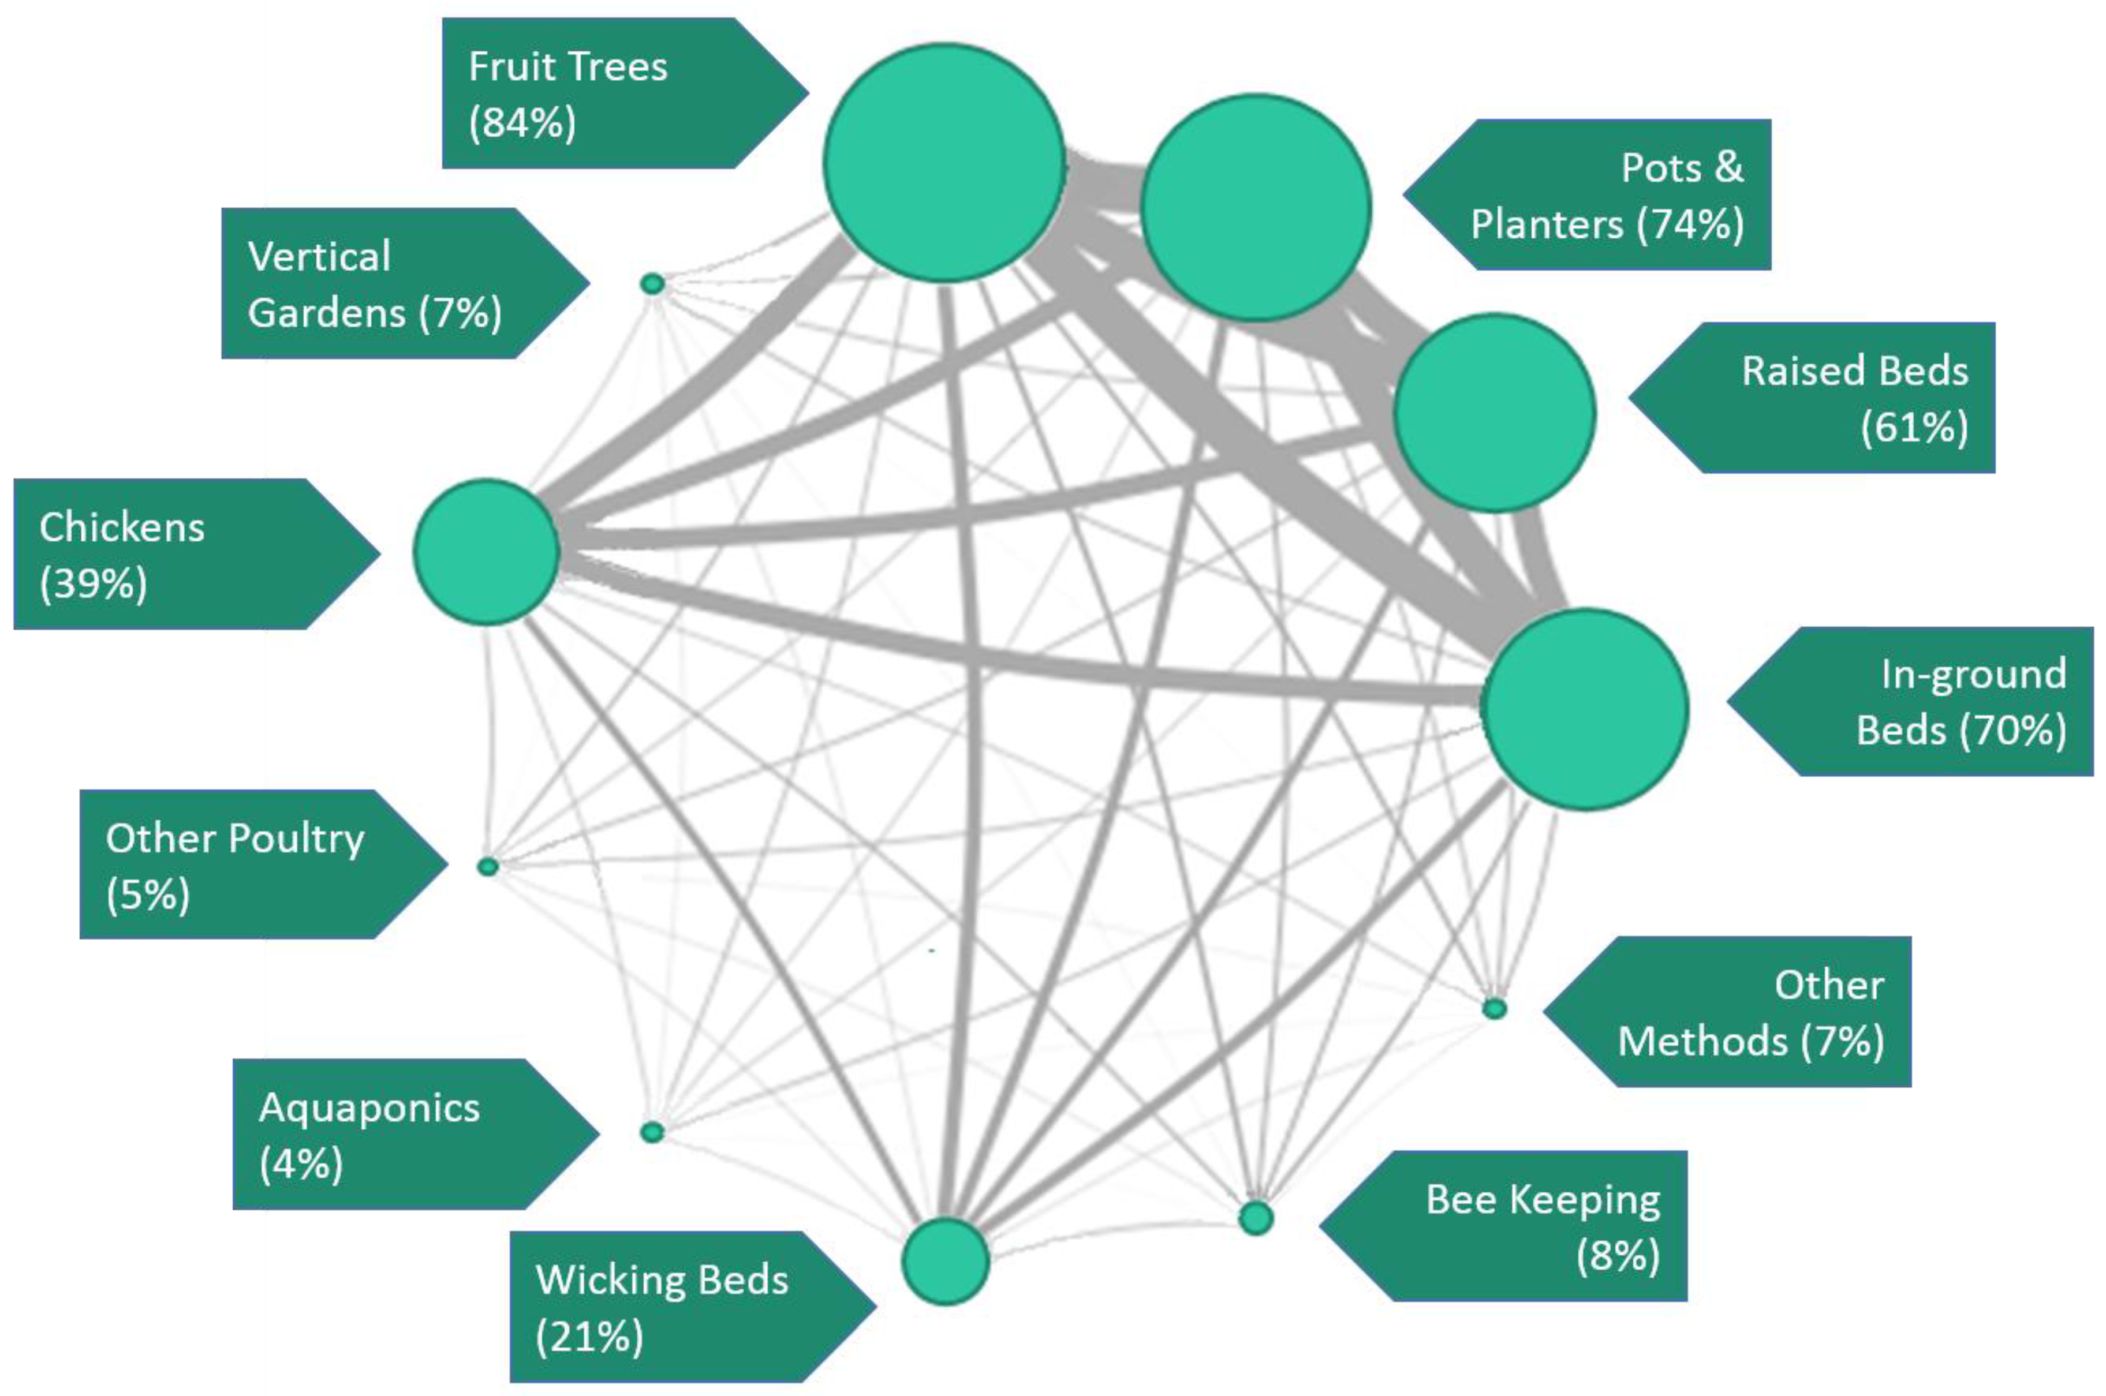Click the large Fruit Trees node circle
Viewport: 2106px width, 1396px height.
click(944, 162)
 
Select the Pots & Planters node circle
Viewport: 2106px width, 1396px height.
click(1256, 207)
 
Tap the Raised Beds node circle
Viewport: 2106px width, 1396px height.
click(1494, 412)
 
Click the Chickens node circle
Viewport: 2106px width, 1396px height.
click(486, 552)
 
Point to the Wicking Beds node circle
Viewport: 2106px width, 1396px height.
click(945, 1262)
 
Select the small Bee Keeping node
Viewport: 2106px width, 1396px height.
click(1256, 1218)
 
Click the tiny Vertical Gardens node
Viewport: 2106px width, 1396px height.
click(652, 284)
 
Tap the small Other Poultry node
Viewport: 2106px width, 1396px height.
click(487, 866)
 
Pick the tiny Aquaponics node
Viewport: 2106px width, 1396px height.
click(652, 1132)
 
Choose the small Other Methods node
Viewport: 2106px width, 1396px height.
click(1494, 1009)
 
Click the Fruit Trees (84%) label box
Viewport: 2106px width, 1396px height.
click(606, 93)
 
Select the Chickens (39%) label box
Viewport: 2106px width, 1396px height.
click(178, 554)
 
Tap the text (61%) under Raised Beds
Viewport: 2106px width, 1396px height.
click(1914, 428)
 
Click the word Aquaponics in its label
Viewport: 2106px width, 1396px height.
click(369, 1109)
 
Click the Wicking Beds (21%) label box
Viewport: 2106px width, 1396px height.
click(677, 1306)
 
